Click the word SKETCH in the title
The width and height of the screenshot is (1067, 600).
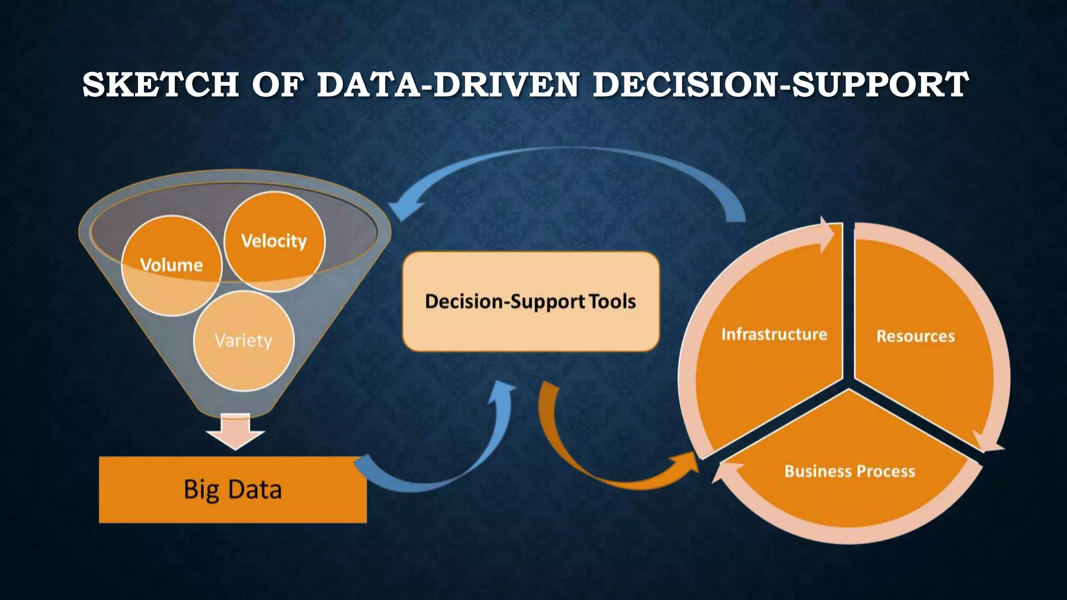160,84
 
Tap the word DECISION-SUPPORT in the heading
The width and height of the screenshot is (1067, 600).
780,84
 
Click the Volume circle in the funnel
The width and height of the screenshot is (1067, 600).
171,266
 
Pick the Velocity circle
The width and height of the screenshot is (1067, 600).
274,241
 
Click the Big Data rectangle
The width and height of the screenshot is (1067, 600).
232,490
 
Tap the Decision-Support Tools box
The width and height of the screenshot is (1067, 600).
530,302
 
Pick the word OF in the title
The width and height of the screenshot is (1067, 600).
277,84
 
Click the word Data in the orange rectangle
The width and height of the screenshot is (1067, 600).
255,490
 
